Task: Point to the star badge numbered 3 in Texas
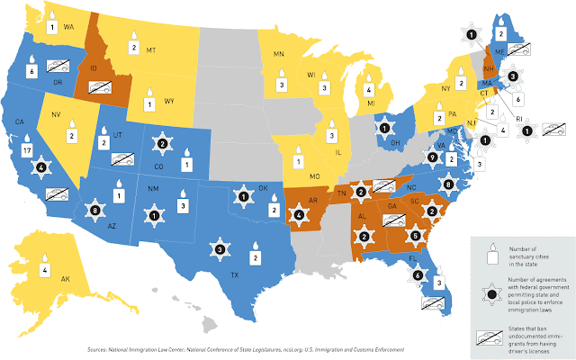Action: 220,248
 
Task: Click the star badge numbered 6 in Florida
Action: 418,274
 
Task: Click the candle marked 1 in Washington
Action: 52,23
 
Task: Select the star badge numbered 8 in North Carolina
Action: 448,184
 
